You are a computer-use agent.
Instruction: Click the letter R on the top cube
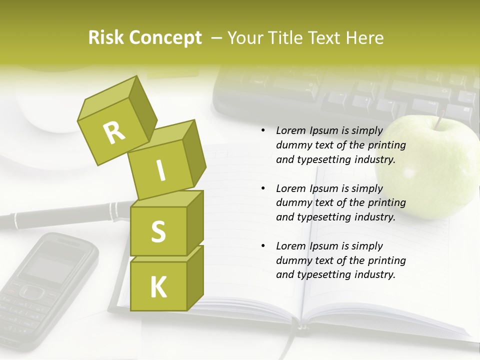click(114, 132)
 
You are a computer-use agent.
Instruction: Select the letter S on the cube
click(158, 231)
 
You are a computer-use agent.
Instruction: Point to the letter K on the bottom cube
click(158, 287)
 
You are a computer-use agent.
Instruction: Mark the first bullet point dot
click(263, 130)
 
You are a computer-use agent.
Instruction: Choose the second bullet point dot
click(263, 188)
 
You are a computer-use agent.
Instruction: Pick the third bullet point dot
click(263, 246)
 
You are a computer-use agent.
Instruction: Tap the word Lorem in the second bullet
click(290, 188)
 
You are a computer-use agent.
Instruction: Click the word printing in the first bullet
click(387, 145)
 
